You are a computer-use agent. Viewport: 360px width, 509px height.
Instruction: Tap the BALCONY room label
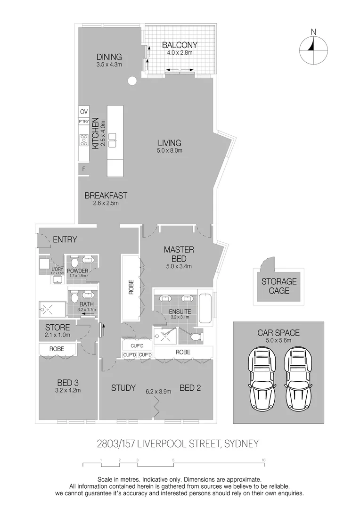click(180, 45)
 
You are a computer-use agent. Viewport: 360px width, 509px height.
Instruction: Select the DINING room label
click(109, 57)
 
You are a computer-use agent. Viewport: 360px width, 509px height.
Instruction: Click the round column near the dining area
click(132, 81)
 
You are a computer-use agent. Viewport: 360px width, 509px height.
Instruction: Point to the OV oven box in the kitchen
click(84, 112)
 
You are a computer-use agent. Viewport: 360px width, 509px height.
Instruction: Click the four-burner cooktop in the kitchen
click(84, 140)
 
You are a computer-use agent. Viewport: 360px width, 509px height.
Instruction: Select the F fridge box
click(84, 169)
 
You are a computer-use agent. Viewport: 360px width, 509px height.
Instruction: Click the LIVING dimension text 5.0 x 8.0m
click(170, 151)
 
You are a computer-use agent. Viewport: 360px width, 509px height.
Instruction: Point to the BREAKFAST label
click(106, 196)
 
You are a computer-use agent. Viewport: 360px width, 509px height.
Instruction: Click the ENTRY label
click(65, 239)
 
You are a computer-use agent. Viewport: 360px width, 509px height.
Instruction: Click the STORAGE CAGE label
click(279, 286)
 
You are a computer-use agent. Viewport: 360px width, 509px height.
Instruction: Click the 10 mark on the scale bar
click(264, 460)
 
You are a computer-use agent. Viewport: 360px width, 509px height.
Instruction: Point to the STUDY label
click(123, 388)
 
